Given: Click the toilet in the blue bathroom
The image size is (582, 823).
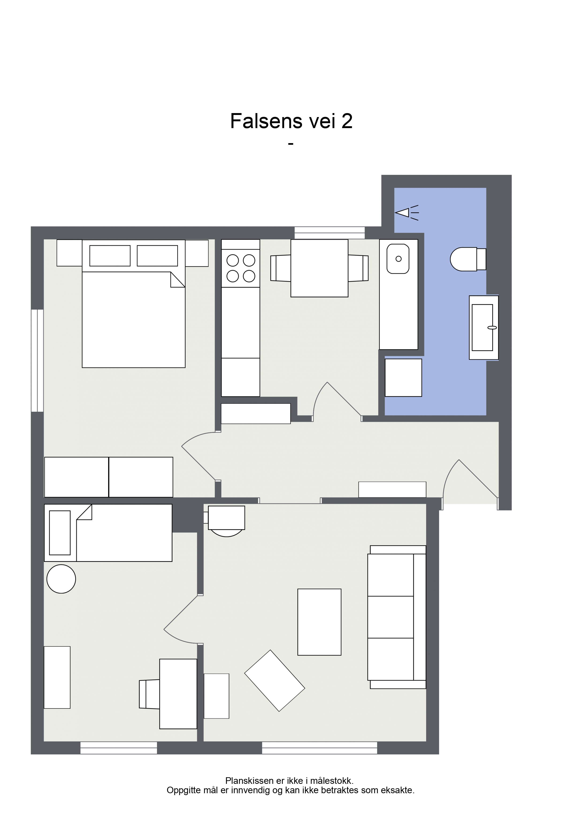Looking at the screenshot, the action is tap(468, 259).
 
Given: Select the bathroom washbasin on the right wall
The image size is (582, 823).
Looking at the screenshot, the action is tap(484, 327).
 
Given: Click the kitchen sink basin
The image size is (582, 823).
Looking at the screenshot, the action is tap(398, 259).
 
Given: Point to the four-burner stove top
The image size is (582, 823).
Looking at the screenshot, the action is tap(241, 268).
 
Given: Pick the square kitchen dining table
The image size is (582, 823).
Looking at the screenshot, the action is tap(319, 268).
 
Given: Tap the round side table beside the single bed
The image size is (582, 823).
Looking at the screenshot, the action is tap(61, 579).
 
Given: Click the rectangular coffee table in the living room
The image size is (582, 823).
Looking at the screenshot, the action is tap(319, 622).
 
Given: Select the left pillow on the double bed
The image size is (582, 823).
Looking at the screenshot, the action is tap(110, 255).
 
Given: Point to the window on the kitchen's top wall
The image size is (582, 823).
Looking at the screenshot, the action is tap(329, 233).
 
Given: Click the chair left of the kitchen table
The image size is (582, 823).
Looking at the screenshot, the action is tap(280, 268).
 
